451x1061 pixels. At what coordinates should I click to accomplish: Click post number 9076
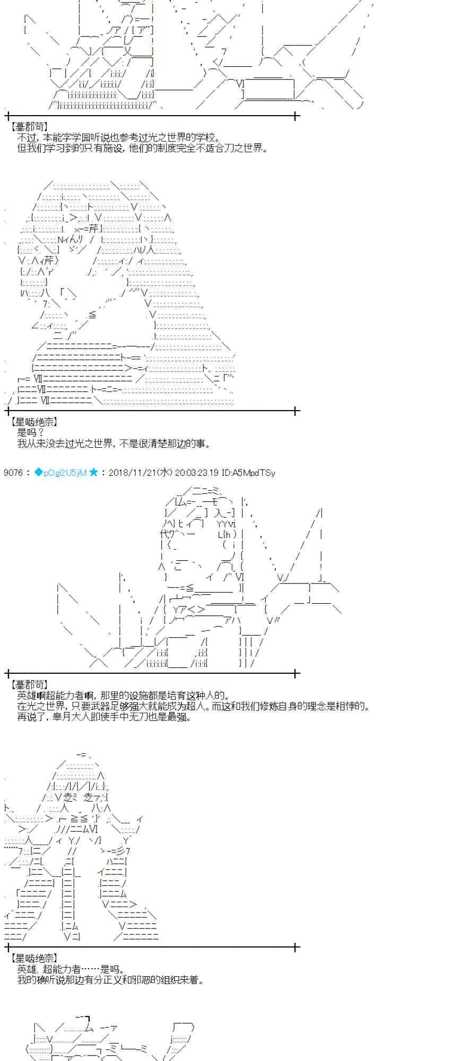point(13,473)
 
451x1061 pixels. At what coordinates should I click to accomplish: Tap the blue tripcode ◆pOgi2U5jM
point(60,473)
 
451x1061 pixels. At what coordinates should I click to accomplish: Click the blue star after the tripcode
point(93,473)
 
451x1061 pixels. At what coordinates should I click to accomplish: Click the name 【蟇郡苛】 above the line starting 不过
point(29,127)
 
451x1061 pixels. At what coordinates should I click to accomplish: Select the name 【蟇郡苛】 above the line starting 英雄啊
point(29,685)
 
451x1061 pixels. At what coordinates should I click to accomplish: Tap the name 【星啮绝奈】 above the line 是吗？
point(34,422)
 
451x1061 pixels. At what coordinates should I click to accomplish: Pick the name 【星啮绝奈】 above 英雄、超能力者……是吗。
point(34,959)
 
